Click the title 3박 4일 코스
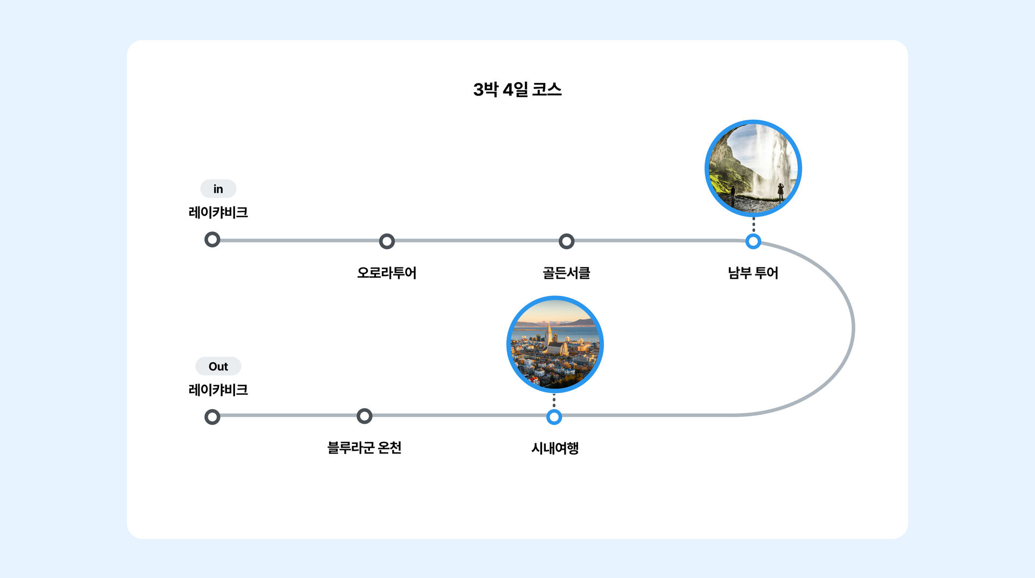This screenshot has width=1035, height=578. click(x=517, y=90)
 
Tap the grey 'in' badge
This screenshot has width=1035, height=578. click(x=218, y=189)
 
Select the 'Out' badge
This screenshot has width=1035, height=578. click(x=218, y=367)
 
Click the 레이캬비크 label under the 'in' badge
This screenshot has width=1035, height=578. click(x=218, y=212)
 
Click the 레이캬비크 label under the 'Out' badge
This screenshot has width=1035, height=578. click(x=218, y=390)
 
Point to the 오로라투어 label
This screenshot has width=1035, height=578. click(x=387, y=273)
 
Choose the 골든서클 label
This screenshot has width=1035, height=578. click(x=566, y=273)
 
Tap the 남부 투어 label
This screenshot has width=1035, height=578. click(x=753, y=273)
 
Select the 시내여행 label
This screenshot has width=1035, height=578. click(x=554, y=448)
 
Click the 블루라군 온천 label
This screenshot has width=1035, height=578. click(x=365, y=448)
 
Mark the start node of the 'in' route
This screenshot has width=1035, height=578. click(x=213, y=239)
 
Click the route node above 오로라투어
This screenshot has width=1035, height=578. click(x=387, y=241)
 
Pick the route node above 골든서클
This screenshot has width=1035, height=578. click(x=566, y=241)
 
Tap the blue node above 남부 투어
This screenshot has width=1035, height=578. click(x=753, y=241)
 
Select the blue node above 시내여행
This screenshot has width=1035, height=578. click(x=554, y=417)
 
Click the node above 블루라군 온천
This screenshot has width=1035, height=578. click(x=365, y=416)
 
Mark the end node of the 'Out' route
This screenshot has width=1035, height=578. click(x=213, y=417)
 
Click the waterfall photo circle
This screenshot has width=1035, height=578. click(x=753, y=168)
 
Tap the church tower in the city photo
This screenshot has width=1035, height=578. click(x=549, y=335)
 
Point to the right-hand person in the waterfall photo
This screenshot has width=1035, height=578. click(x=780, y=192)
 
